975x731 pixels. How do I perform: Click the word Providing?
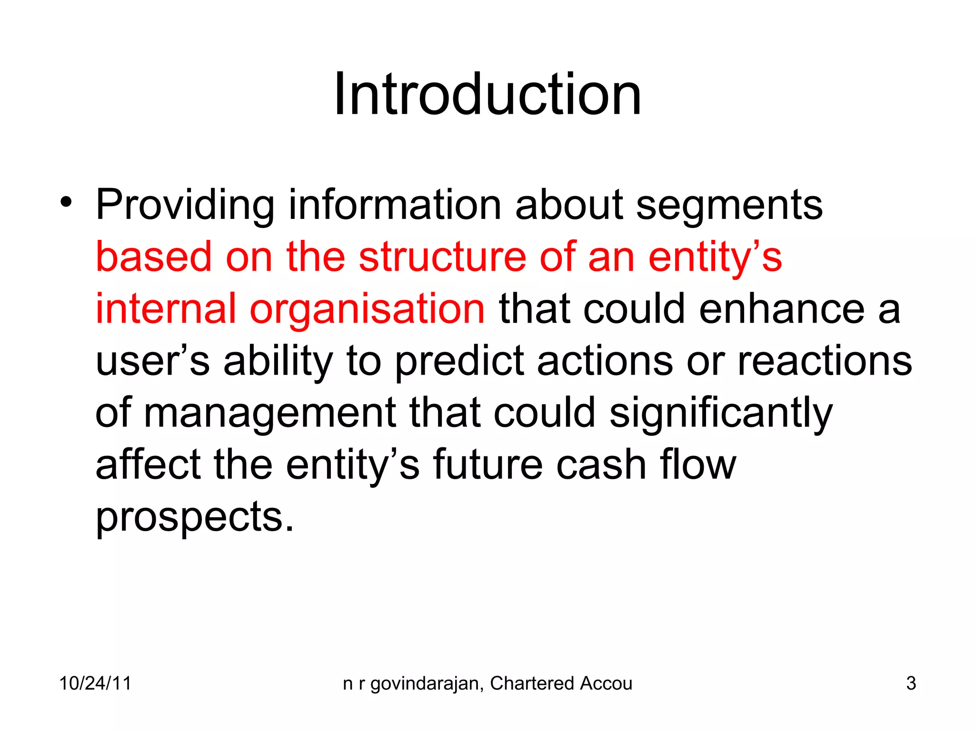185,206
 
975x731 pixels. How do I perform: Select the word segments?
729,206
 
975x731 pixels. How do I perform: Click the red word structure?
442,257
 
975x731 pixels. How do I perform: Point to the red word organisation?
367,309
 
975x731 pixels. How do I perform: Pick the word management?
269,413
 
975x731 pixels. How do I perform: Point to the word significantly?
721,413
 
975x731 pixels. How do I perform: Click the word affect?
148,464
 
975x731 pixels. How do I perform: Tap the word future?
487,464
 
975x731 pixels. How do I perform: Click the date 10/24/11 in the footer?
95,683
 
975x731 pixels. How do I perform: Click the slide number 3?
911,683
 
